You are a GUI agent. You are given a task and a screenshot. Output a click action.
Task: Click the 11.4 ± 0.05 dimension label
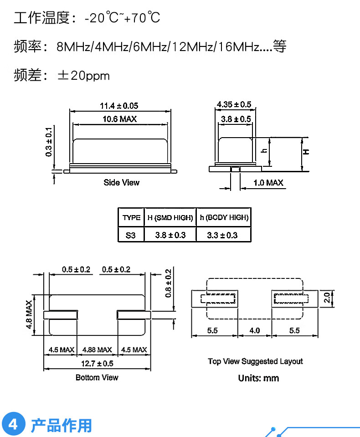coord(119,106)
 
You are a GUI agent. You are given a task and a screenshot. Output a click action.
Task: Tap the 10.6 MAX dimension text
coord(119,119)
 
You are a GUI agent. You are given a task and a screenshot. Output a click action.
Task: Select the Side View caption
coord(121,183)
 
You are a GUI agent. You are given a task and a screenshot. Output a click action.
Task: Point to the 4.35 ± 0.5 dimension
coord(234,104)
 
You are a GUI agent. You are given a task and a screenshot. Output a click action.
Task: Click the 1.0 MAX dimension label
coord(268,183)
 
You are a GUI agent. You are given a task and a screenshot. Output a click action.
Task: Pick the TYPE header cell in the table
coord(131,218)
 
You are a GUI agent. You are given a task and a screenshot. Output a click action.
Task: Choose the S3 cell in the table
coord(131,235)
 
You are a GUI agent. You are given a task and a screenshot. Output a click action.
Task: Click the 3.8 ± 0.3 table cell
coord(170,235)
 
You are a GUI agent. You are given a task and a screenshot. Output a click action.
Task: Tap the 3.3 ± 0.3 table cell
coord(222,235)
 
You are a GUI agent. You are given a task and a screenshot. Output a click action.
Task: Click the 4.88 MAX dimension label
coord(97,350)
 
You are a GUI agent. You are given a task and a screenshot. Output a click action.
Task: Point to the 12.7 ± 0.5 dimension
coord(97,364)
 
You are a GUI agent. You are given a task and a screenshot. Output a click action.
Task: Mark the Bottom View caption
coord(97,378)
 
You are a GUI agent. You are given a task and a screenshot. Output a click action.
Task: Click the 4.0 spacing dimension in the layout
coord(254,330)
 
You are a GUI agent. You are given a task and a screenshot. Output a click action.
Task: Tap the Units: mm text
coord(258,378)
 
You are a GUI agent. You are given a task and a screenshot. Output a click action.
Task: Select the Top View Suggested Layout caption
coord(255,361)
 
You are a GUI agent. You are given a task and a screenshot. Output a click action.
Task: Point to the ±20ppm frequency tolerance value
coord(83,76)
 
